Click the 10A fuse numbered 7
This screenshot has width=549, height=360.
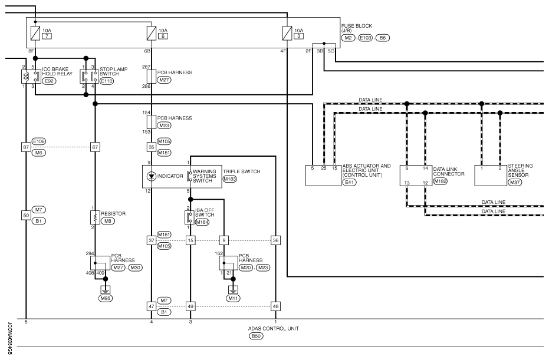click(x=35, y=33)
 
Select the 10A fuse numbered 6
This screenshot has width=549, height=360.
click(x=151, y=33)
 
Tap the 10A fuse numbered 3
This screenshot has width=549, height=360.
click(x=287, y=33)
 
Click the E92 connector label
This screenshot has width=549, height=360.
click(x=49, y=81)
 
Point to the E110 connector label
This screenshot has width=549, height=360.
click(x=107, y=81)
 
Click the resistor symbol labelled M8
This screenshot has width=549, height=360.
click(x=95, y=217)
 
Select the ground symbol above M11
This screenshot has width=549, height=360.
click(x=233, y=290)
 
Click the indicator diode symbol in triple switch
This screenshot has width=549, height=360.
click(x=151, y=176)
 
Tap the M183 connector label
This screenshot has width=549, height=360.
click(x=230, y=179)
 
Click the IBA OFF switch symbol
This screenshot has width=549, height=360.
click(x=189, y=217)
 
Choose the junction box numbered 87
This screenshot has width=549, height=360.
click(x=26, y=147)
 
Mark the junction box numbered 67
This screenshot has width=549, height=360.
click(x=95, y=147)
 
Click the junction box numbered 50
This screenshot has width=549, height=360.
click(x=26, y=216)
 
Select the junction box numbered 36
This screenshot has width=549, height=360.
click(x=275, y=240)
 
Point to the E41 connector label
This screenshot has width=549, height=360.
click(x=350, y=182)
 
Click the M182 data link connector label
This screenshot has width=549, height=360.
click(x=440, y=181)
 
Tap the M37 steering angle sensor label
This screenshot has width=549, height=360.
click(x=515, y=182)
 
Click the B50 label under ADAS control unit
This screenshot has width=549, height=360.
click(x=256, y=336)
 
